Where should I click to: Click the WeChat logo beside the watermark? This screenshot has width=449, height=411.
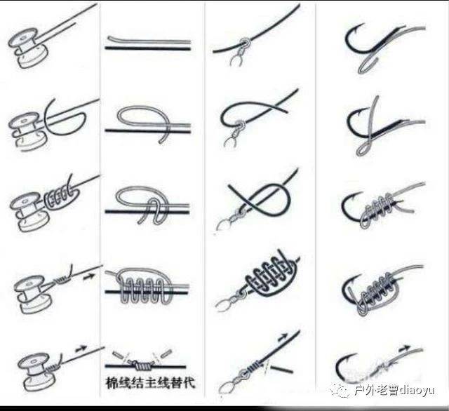click(340, 391)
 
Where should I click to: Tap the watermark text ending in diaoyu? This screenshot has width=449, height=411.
click(394, 391)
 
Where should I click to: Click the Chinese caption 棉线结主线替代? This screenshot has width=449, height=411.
click(150, 383)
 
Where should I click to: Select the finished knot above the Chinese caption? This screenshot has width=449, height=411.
click(142, 365)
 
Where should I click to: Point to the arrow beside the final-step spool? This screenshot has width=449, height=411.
click(81, 349)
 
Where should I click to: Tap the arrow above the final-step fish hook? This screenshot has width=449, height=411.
click(405, 349)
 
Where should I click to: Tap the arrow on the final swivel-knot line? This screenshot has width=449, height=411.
click(283, 337)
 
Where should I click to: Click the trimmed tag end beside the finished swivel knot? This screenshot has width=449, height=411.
click(281, 368)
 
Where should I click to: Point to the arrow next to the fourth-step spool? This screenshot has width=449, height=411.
click(89, 277)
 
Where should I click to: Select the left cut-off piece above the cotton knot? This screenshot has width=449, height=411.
click(118, 355)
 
